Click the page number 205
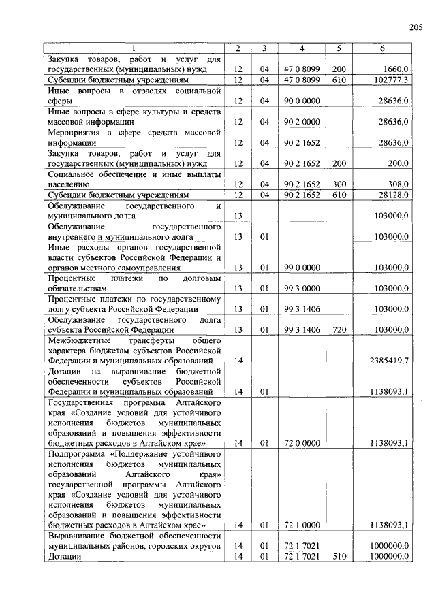coord(416,27)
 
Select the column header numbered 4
coord(301,48)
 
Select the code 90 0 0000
coord(301,101)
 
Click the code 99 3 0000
coord(301,288)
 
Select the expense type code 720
coord(339,329)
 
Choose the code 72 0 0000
coord(301,443)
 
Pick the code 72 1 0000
coord(301,525)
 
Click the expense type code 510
coord(339,556)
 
